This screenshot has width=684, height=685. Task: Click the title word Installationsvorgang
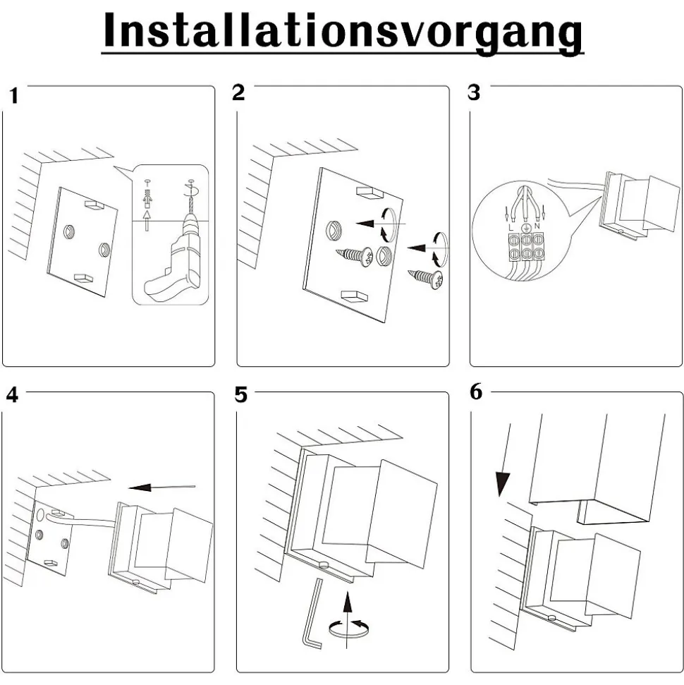343,32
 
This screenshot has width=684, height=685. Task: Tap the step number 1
13,96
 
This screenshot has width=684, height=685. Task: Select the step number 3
474,92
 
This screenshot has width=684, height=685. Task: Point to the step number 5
241,394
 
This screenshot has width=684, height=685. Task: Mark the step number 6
477,392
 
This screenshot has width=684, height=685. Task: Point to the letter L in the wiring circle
509,226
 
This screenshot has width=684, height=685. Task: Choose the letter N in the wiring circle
537,227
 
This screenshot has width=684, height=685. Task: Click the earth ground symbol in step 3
524,227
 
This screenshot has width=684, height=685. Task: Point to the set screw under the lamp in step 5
323,564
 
